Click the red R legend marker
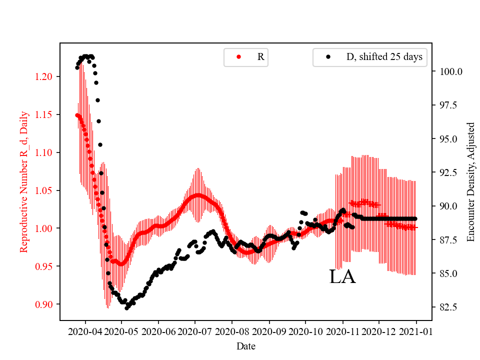click(x=238, y=57)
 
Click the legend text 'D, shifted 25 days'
click(x=384, y=57)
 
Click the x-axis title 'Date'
click(x=245, y=345)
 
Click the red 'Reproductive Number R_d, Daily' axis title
click(x=23, y=181)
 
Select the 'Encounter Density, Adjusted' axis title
click(x=470, y=181)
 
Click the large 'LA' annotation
click(x=342, y=276)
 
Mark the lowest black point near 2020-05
click(x=126, y=308)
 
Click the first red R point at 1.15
click(x=77, y=115)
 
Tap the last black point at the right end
click(x=415, y=218)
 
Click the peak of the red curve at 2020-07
click(x=198, y=195)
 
